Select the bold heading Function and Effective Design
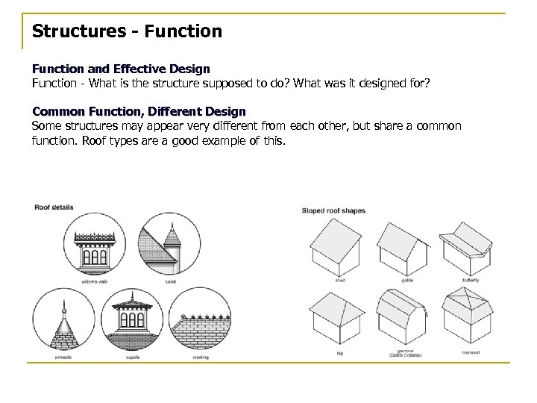(x=121, y=69)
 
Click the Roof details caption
(x=54, y=207)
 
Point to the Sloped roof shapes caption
(x=333, y=210)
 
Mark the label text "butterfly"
(x=470, y=280)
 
